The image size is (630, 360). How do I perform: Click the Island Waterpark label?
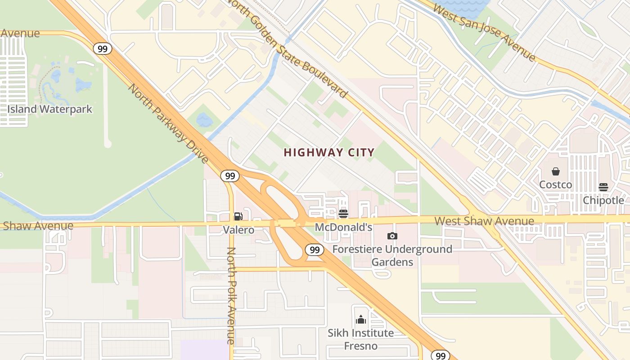coord(49,109)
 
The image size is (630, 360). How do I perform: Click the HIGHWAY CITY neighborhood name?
coord(329,153)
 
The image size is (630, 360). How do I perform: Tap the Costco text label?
coord(556,184)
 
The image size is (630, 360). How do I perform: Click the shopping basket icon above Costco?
coord(556,171)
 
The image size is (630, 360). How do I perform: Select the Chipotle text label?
coord(603,200)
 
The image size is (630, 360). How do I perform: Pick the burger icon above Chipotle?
coord(603,187)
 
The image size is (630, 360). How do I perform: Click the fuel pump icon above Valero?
coord(238,216)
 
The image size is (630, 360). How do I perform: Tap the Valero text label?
coord(238,230)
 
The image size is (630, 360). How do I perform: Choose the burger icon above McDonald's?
coord(343,214)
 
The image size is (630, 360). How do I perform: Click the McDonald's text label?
coord(343,227)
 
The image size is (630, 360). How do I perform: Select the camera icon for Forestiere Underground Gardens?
coord(392,236)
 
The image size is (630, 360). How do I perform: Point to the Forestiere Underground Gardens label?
coord(392,255)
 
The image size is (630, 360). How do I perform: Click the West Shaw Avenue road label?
coord(484,221)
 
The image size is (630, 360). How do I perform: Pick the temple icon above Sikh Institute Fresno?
coord(360,320)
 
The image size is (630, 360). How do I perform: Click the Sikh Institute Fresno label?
coord(360,339)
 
